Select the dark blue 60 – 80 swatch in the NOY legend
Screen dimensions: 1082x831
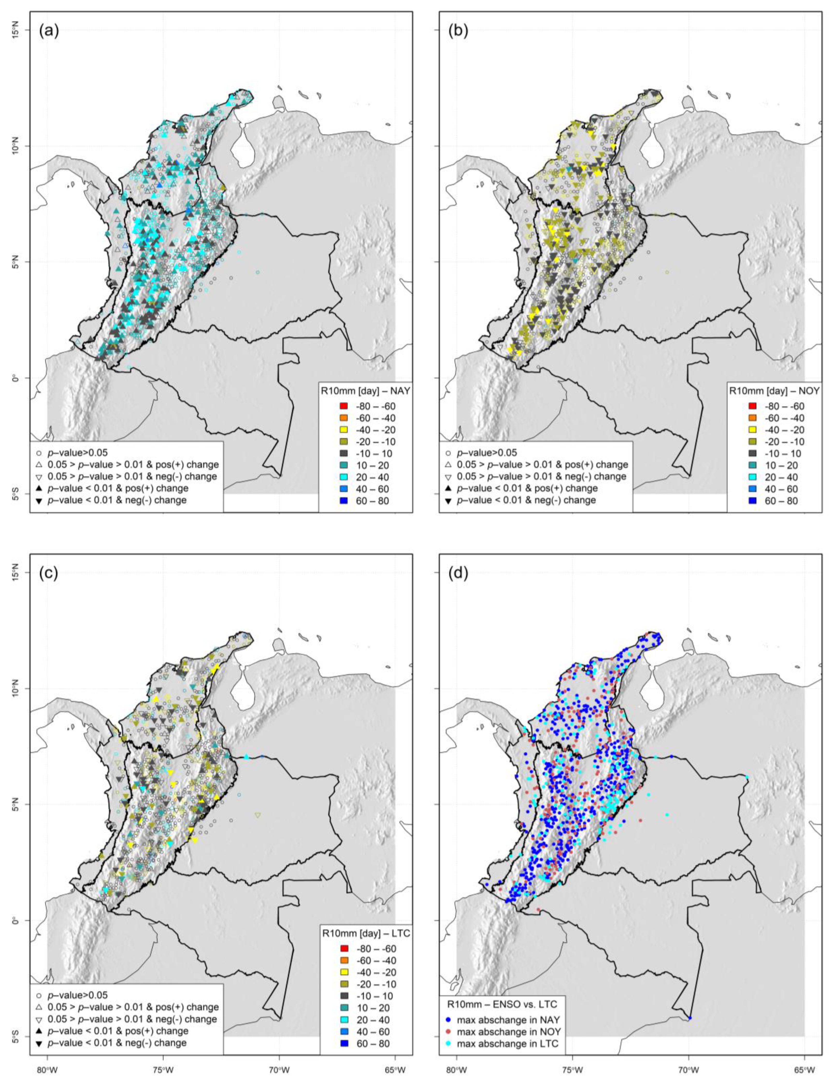pos(752,501)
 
